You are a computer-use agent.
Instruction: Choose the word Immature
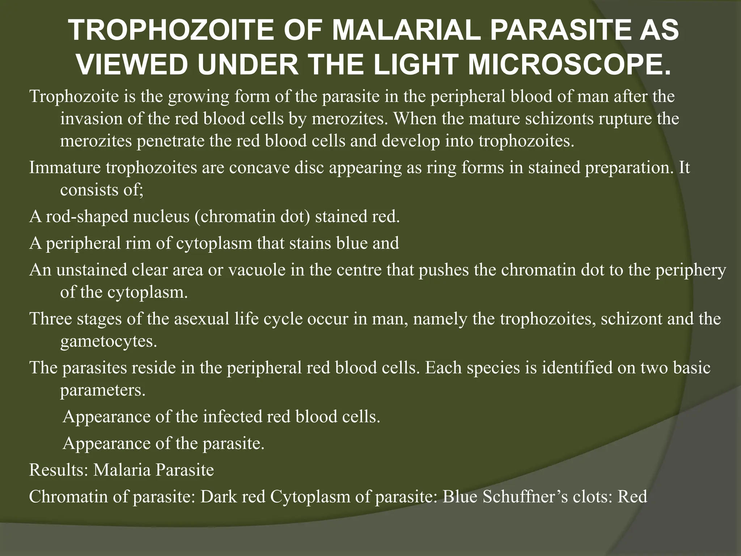pos(65,168)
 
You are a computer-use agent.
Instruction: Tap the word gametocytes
pos(109,341)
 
